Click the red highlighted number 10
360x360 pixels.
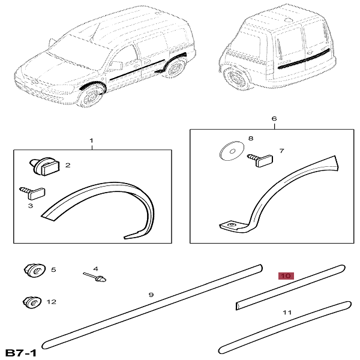click(286, 276)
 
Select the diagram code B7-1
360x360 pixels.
click(20, 352)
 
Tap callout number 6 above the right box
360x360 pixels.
click(274, 119)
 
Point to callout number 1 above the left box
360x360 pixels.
click(91, 140)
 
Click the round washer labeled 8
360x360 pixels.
click(232, 151)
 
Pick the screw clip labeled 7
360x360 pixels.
click(260, 160)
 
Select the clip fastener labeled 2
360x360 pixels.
click(44, 166)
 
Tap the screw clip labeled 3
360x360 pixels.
click(32, 193)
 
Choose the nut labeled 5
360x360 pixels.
click(35, 271)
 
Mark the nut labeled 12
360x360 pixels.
click(32, 302)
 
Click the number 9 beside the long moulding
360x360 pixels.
click(151, 295)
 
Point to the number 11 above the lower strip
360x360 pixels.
click(287, 312)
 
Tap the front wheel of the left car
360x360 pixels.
click(91, 96)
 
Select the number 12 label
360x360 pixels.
click(52, 302)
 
